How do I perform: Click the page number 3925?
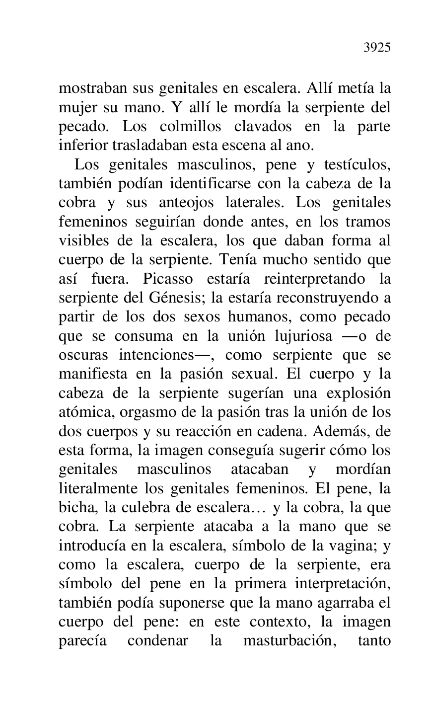point(377,48)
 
